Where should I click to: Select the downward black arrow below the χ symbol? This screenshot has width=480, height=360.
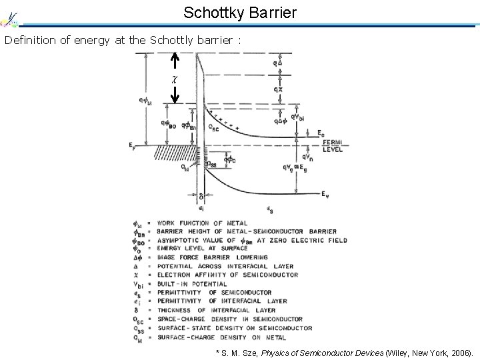click(x=174, y=94)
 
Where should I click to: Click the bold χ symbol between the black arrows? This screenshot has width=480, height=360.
click(x=174, y=79)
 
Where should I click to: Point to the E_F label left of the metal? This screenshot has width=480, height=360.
click(x=131, y=144)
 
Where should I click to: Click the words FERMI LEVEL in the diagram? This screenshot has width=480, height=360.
click(x=333, y=146)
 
